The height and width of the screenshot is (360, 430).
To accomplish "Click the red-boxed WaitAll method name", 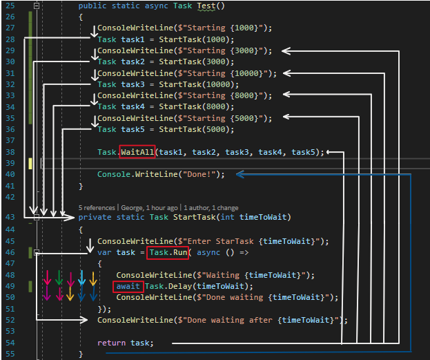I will coord(137,152).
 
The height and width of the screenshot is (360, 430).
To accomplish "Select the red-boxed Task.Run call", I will coord(168,253).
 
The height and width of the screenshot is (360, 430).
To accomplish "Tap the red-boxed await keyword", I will coord(129,286).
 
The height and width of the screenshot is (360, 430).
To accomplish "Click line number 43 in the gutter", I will coord(10,217).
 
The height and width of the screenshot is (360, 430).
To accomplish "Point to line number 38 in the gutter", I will coord(10,152).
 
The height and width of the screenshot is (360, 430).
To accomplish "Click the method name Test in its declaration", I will coord(206,6).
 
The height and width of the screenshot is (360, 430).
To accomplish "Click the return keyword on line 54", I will coord(111,343).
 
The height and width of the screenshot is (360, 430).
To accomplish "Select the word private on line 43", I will coord(95,217).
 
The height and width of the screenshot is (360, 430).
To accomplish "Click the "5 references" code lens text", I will coord(97,207).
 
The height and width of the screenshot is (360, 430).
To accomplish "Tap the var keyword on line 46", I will coord(104,253).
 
